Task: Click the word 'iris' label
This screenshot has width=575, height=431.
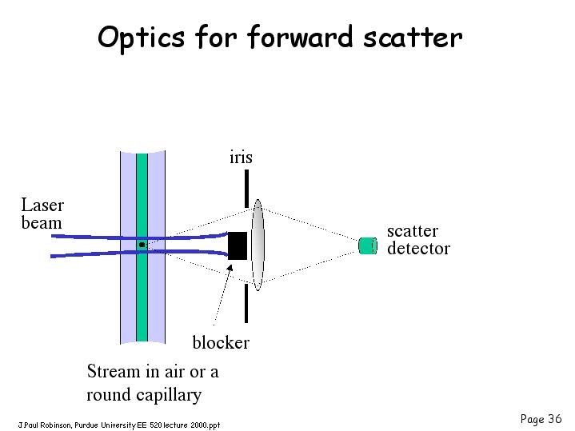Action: [241, 158]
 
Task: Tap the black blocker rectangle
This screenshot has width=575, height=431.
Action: [238, 245]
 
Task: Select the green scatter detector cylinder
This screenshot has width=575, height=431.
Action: [368, 245]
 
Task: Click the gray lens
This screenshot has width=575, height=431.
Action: [258, 245]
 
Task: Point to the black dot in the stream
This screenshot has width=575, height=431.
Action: [142, 245]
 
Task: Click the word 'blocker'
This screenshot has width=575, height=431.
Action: [221, 342]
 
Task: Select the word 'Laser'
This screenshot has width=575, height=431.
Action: [42, 205]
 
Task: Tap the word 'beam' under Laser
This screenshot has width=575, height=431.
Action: [42, 222]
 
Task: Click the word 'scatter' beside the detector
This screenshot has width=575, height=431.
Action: [413, 231]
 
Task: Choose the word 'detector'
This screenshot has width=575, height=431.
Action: [418, 249]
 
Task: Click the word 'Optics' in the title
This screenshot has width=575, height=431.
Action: [142, 38]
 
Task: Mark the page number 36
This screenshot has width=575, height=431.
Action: [555, 418]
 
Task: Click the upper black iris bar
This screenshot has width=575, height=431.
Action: [246, 189]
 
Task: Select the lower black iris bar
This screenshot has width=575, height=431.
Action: [246, 304]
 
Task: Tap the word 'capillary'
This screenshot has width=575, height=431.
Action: [169, 396]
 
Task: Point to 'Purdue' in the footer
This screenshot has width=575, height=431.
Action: [86, 425]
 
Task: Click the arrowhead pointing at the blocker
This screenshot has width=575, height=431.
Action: [230, 267]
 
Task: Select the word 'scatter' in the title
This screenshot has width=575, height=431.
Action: [413, 38]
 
